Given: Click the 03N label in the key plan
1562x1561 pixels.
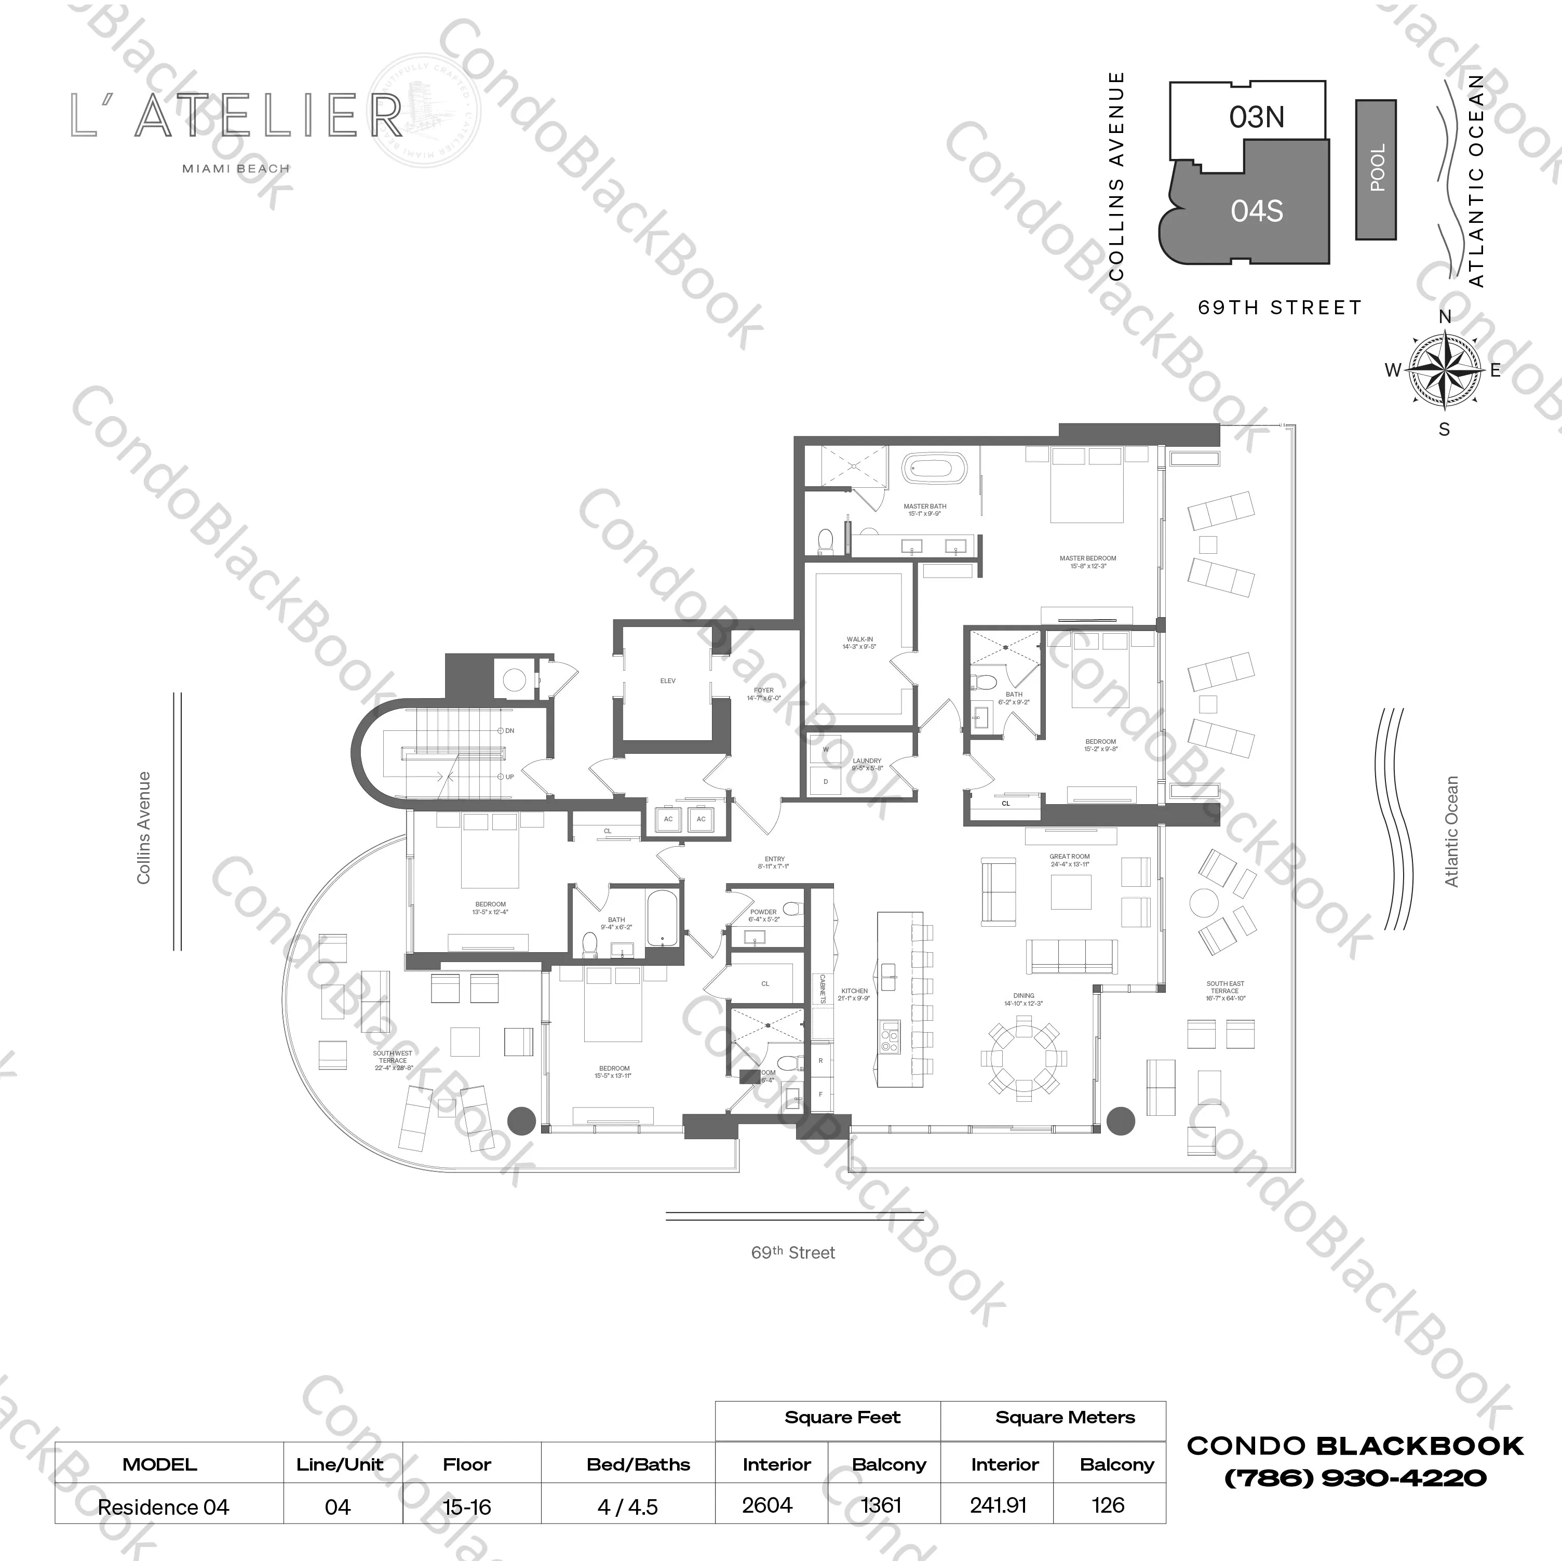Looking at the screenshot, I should [x=1256, y=117].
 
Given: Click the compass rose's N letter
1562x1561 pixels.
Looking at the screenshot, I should [x=1445, y=317].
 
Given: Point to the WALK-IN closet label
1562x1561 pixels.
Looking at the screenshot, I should [x=858, y=640].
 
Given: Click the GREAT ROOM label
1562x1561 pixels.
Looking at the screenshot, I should [x=1069, y=857].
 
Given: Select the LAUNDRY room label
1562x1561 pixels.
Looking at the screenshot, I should [x=867, y=761].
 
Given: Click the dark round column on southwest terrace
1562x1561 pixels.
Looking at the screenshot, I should [x=521, y=1120].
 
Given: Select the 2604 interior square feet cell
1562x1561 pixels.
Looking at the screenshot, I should [x=767, y=1505].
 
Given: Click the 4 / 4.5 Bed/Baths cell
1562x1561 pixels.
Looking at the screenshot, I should [x=627, y=1507].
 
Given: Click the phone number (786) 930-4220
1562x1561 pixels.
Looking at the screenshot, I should [x=1355, y=1478].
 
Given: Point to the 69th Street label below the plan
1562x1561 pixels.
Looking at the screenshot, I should [x=792, y=1253].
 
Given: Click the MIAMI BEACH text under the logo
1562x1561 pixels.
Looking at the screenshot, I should [x=235, y=169].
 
